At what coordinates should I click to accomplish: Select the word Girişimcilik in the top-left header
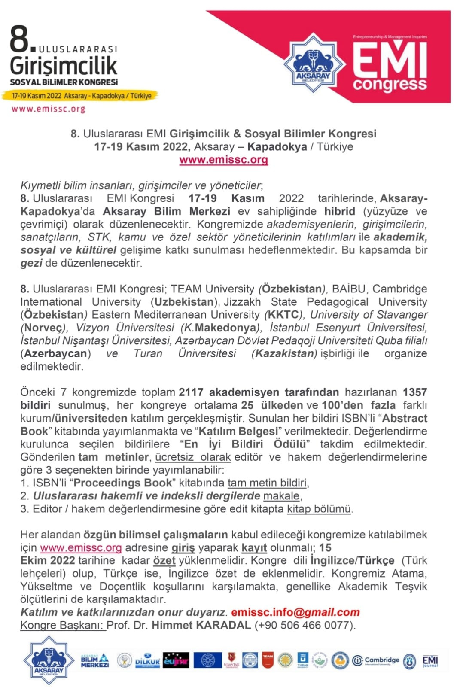[64, 65]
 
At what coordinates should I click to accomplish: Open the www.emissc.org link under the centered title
[223, 160]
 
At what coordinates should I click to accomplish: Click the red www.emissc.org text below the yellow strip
[48, 109]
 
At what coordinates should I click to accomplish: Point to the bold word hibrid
[339, 211]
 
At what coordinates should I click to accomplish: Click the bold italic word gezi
[31, 263]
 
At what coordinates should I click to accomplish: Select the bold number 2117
[192, 392]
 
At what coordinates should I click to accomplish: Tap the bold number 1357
[414, 392]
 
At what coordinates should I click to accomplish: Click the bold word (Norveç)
[44, 328]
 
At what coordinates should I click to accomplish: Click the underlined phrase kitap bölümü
[319, 509]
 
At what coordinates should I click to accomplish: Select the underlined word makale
[281, 496]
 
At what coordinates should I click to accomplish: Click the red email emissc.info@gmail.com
[295, 612]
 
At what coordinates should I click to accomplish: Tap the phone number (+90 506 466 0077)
[305, 625]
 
